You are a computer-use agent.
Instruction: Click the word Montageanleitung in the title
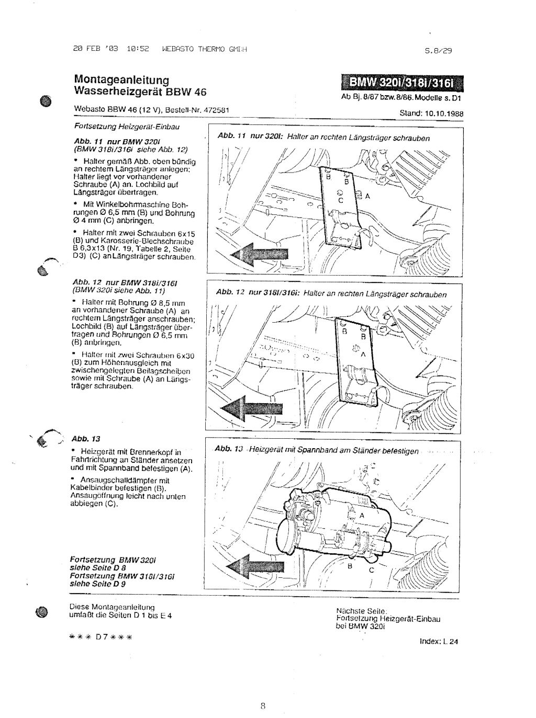[121, 80]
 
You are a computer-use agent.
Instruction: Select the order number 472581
[217, 110]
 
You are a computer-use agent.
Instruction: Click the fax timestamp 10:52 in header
[138, 50]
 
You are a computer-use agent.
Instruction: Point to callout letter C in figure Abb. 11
[340, 200]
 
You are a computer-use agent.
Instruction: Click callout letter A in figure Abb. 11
[367, 196]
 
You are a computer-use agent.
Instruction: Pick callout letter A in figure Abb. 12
[361, 354]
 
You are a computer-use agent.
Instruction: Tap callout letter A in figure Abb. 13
[361, 515]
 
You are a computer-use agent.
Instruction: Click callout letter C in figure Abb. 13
[372, 571]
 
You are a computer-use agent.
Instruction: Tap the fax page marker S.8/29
[439, 51]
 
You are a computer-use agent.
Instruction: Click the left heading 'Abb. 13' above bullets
[82, 438]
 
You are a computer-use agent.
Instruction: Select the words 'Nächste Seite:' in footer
[362, 611]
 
